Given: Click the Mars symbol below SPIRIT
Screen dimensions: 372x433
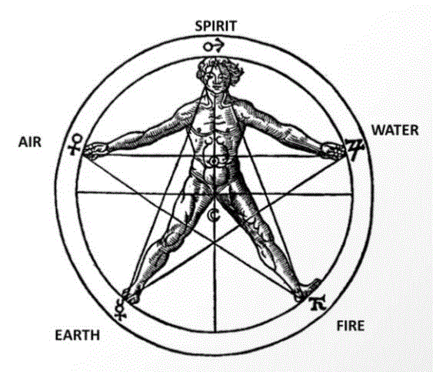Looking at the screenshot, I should [x=215, y=46].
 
